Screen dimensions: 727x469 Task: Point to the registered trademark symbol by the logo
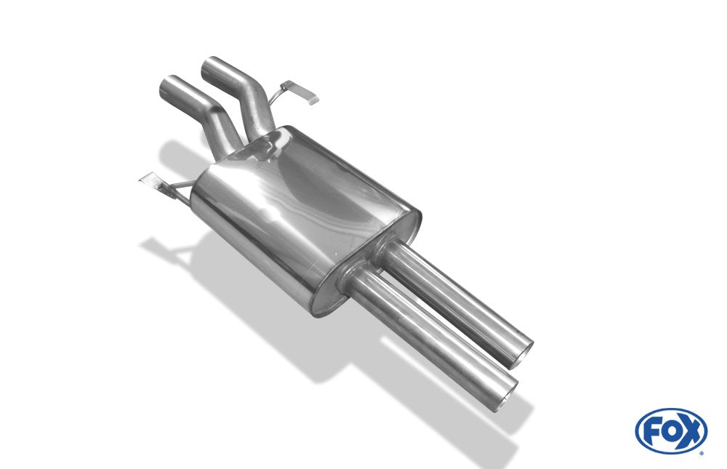click(x=702, y=454)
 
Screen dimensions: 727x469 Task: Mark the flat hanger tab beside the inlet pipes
click(x=300, y=92)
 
